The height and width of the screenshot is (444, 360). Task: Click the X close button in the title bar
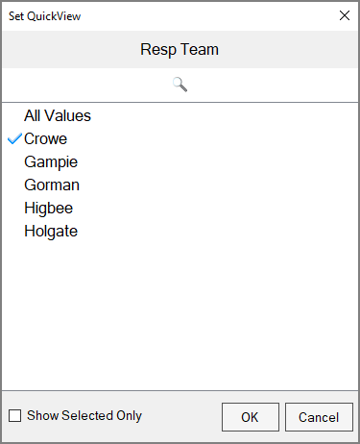point(345,14)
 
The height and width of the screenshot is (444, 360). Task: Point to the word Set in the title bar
point(17,15)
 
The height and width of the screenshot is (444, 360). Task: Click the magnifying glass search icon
point(180,84)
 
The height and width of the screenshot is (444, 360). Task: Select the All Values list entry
point(58,115)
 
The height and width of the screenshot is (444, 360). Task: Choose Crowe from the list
point(45,138)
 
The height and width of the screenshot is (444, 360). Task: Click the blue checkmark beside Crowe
point(14,138)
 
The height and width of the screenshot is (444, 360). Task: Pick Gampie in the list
point(51,161)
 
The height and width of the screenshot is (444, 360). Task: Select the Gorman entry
point(52,185)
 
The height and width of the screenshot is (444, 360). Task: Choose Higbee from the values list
point(48,208)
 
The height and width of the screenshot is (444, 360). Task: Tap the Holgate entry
point(51,231)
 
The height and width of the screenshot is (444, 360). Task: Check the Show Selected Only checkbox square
point(14,416)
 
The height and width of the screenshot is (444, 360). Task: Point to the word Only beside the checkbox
point(129,416)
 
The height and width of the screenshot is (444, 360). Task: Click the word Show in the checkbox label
point(43,416)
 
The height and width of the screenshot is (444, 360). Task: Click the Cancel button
point(319,417)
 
